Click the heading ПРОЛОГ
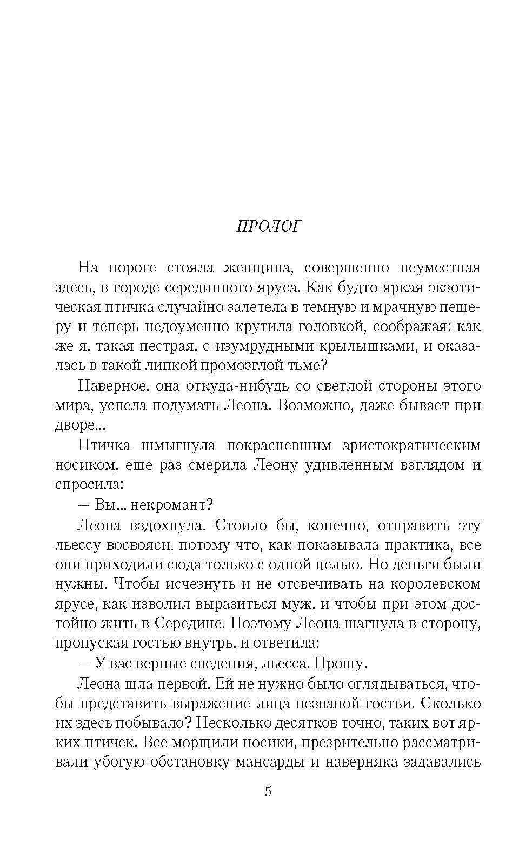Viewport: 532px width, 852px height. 268,226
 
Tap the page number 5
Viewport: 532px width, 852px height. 268,792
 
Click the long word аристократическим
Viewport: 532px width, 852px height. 411,445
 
